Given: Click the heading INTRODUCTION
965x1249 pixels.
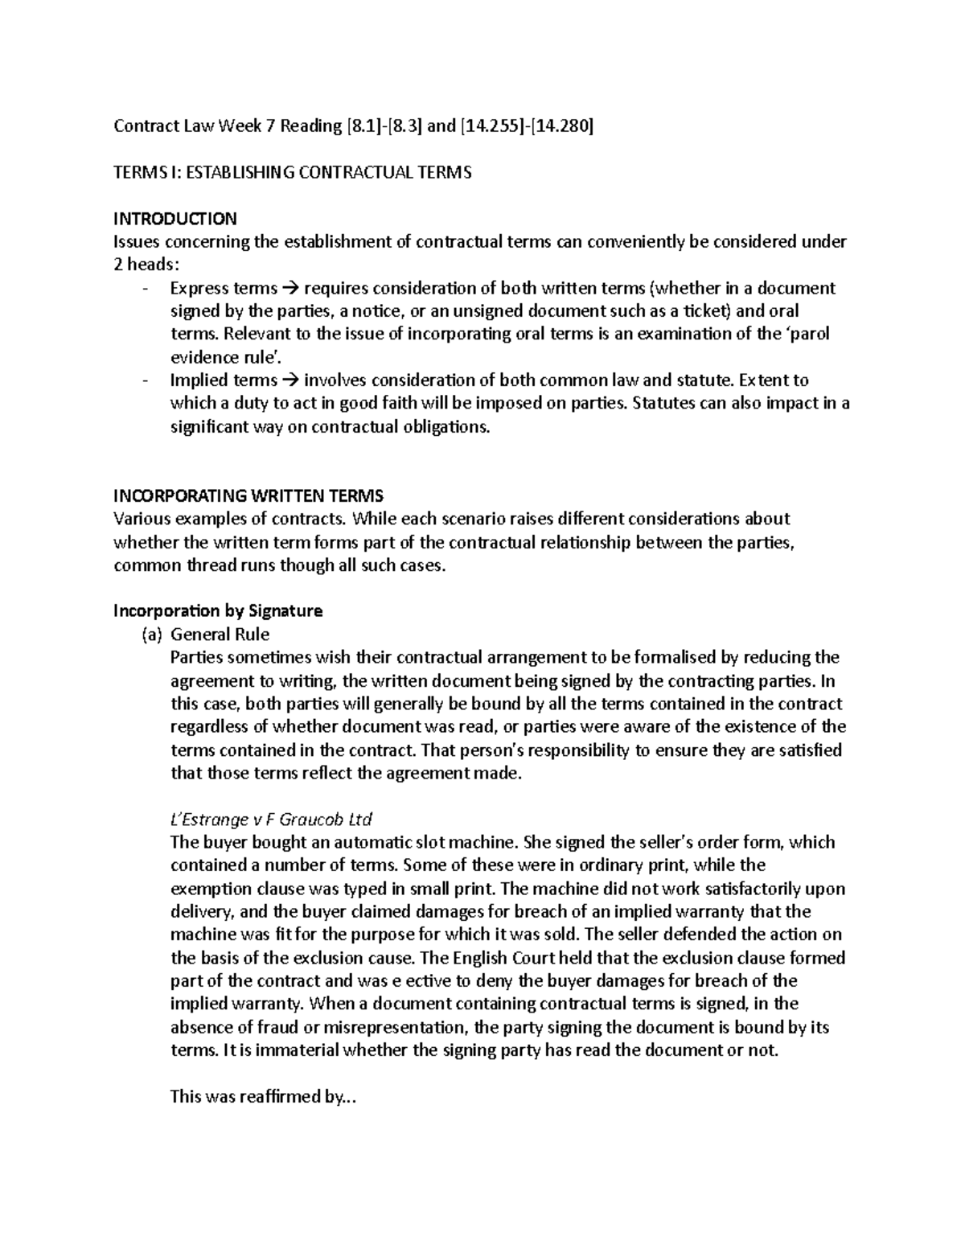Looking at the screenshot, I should pos(175,219).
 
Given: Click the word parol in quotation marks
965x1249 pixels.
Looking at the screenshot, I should pos(807,334).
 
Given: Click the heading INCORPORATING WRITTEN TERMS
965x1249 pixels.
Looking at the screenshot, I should pos(248,495).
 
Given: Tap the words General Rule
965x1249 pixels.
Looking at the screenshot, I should pos(220,635).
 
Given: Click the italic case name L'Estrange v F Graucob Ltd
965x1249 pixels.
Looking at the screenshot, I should pos(271,820).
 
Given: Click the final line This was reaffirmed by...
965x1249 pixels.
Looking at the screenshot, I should pos(261,1097).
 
